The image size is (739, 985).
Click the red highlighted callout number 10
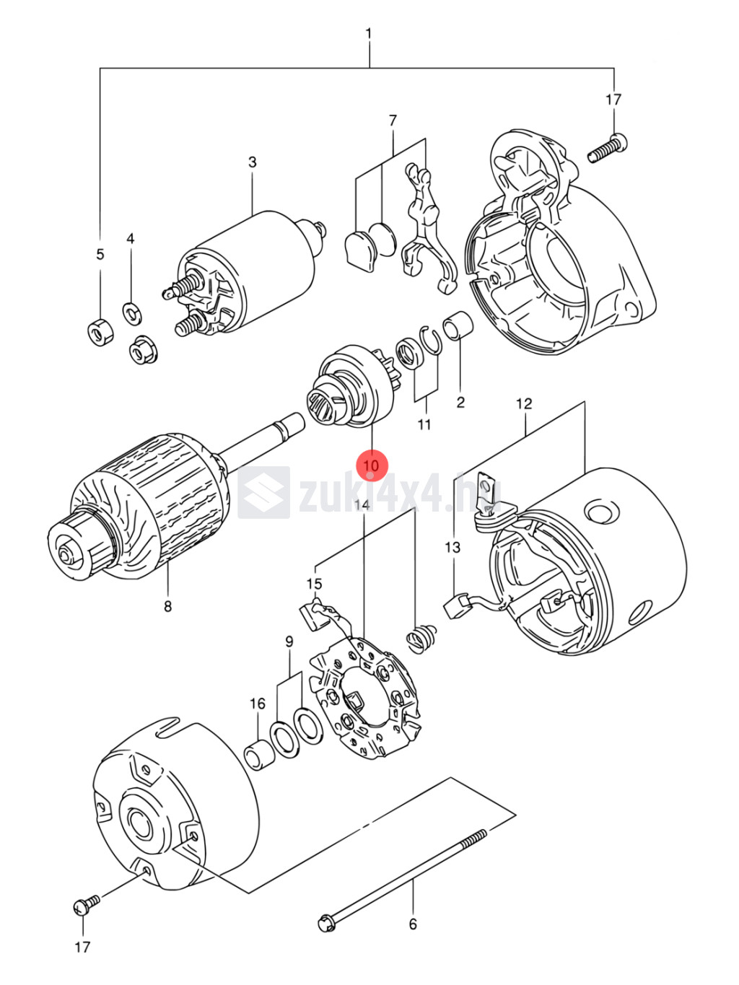[x=372, y=465]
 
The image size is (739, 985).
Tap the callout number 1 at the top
[x=369, y=34]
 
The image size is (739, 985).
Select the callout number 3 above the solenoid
[x=252, y=162]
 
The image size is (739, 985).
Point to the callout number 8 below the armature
[x=168, y=607]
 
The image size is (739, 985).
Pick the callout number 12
[x=524, y=403]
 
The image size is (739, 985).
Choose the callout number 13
[x=452, y=548]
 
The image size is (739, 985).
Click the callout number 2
[x=460, y=403]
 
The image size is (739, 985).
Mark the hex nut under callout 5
[x=100, y=332]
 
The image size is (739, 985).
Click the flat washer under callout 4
[x=132, y=312]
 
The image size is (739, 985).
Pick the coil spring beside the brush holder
[x=421, y=639]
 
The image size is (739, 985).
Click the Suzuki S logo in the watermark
[x=264, y=492]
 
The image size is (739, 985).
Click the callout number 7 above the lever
[x=393, y=121]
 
